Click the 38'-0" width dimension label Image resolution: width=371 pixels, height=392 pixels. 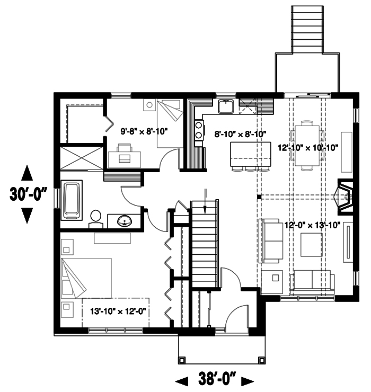pos(217,380)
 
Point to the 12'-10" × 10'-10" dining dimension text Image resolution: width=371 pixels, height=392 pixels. pos(308,147)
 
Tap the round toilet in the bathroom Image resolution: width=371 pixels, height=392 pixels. pos(95,217)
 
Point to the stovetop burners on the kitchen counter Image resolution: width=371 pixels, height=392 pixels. pos(199,130)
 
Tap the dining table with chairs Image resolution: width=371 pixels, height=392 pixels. pos(307,146)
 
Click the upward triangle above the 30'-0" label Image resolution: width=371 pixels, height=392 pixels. pos(28,174)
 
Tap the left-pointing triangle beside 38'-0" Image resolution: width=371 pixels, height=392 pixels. pos(182,380)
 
